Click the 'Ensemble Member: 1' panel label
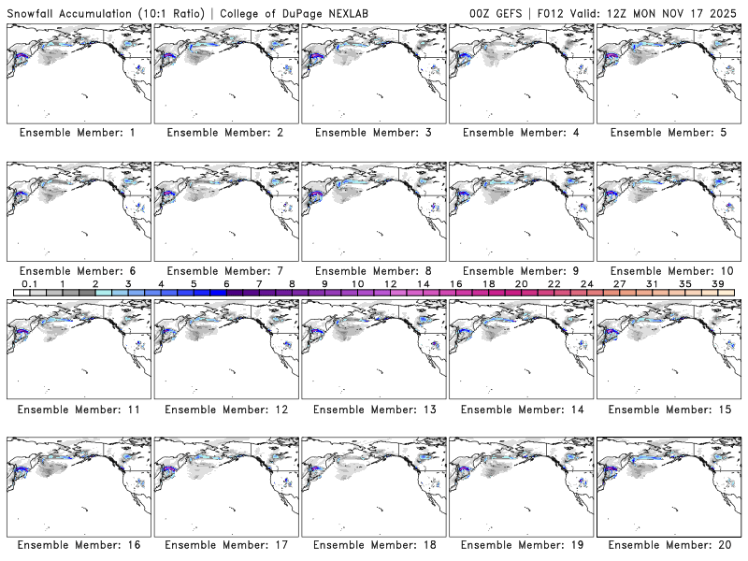point(77,133)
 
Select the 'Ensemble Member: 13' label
point(373,409)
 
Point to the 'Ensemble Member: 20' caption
point(669,545)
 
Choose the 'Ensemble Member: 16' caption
point(79,545)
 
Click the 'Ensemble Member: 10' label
point(669,270)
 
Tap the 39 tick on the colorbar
point(716,283)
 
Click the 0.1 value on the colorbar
point(29,283)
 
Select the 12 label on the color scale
point(390,283)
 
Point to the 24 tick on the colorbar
point(586,283)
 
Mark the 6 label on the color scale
point(225,283)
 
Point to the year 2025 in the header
point(725,12)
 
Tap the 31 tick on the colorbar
point(652,283)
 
